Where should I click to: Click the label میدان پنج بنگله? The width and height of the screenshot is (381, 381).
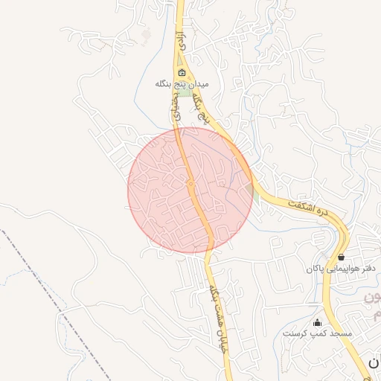click(182, 84)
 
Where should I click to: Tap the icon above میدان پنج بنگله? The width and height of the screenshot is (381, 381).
click(182, 72)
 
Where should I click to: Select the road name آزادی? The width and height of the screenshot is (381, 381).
click(179, 42)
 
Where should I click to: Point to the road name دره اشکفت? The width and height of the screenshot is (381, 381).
click(307, 208)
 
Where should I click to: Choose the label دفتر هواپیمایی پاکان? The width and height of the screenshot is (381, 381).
click(340, 268)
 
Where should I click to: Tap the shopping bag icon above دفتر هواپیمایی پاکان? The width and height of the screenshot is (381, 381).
click(341, 257)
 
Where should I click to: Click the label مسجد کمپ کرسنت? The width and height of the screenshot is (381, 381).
click(317, 334)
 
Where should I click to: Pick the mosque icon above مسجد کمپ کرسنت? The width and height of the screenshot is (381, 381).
click(318, 322)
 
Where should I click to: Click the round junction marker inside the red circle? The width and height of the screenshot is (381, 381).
click(191, 183)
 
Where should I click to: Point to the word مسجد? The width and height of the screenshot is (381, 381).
click(339, 334)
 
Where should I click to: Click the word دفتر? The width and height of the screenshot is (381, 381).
click(365, 268)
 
